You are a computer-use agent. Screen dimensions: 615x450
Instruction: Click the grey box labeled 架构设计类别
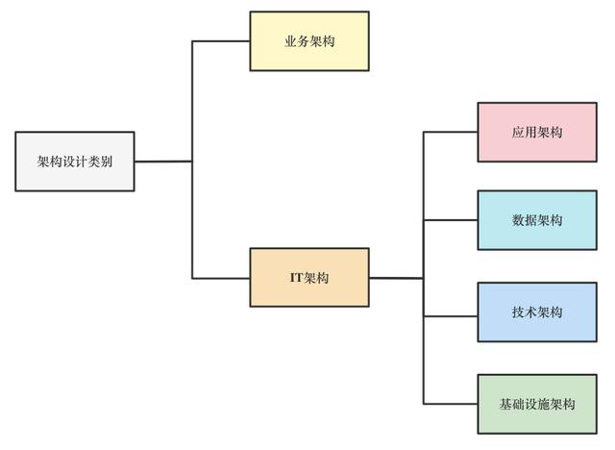click(x=75, y=162)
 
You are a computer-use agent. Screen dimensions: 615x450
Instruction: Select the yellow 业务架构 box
click(x=309, y=41)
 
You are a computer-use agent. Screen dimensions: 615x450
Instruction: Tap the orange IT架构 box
click(x=309, y=277)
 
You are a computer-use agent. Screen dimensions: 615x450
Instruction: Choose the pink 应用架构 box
click(x=537, y=133)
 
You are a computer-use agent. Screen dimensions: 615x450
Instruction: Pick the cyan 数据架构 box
click(x=537, y=220)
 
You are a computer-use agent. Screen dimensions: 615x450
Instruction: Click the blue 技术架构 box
click(x=537, y=312)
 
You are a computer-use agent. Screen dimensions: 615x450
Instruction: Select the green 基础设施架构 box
click(x=537, y=404)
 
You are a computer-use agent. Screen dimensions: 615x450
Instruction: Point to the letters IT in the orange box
click(x=297, y=278)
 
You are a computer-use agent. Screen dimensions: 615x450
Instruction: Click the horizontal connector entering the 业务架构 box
click(x=221, y=41)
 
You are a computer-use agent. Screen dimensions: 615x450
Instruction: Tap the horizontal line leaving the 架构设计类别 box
click(x=163, y=162)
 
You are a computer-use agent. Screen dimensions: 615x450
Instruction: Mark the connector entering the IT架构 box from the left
click(x=221, y=278)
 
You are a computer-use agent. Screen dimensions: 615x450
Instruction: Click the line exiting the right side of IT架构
click(x=396, y=278)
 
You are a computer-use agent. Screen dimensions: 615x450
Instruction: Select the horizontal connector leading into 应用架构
click(x=451, y=133)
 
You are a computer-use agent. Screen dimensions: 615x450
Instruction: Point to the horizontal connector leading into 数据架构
click(x=451, y=220)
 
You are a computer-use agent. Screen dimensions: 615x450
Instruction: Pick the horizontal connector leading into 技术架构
click(x=451, y=315)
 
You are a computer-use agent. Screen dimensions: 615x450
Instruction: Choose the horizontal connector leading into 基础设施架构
click(x=451, y=403)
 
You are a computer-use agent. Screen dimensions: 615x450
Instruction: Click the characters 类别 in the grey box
click(x=100, y=162)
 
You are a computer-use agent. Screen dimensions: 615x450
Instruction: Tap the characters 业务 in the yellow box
click(x=297, y=41)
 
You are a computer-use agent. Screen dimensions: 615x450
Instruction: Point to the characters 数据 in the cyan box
click(x=525, y=220)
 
